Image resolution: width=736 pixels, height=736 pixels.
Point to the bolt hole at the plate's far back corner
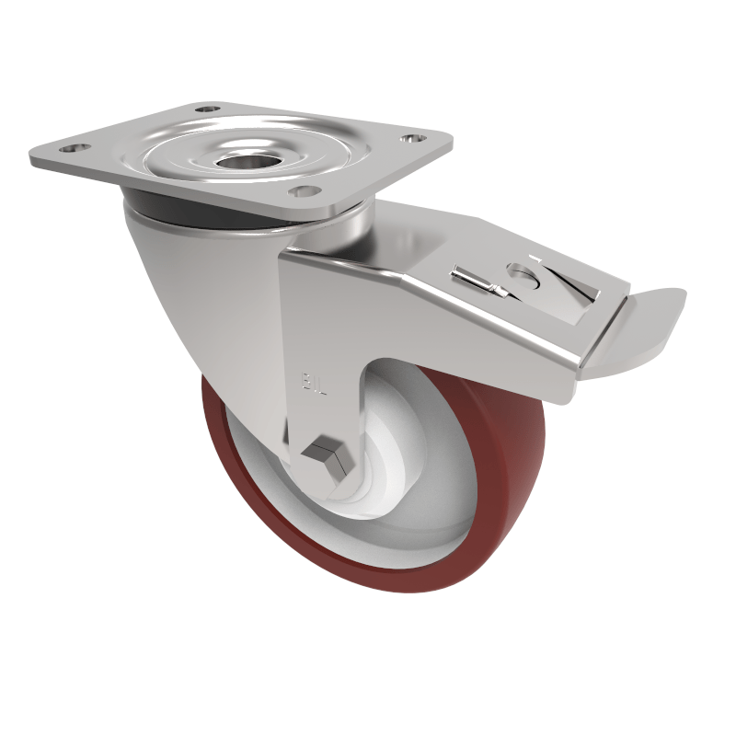click(208, 109)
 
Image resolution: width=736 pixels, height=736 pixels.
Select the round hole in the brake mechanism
click(522, 274)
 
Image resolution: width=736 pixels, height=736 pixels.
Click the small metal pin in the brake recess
click(478, 281)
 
